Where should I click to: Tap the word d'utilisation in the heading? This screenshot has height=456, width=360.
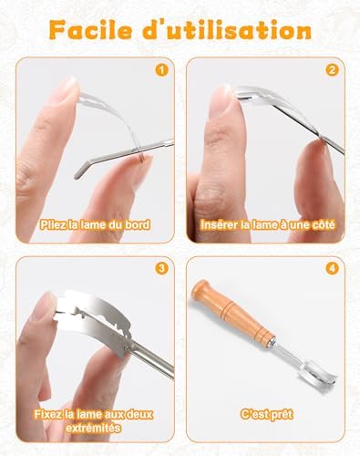point(227,30)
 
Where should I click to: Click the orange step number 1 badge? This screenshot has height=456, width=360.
point(161,70)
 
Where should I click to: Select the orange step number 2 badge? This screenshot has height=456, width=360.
point(332,70)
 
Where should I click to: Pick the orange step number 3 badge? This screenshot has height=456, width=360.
point(161,268)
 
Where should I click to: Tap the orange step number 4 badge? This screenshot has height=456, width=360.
point(332,268)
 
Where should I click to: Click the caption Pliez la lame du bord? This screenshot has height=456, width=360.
point(95,225)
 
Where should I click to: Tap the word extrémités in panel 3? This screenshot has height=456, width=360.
point(94,428)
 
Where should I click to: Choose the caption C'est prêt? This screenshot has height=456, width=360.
point(267,414)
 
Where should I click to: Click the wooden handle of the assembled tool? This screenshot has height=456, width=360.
point(232,313)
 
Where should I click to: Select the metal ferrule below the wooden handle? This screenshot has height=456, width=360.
point(271,342)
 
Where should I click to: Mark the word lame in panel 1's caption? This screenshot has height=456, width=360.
point(89,225)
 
